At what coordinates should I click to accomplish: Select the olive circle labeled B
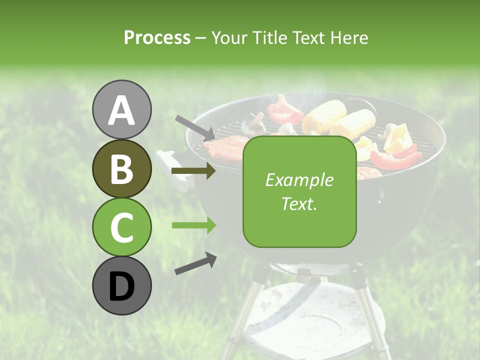point(122,168)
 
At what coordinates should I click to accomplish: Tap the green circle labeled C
point(122,227)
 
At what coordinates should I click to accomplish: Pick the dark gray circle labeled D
point(122,285)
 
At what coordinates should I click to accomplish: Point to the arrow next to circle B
point(193,171)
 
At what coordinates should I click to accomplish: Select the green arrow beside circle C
point(193,225)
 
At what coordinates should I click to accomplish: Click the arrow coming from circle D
point(195,263)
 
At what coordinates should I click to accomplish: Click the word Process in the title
point(157,37)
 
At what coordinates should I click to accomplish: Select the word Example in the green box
point(299,180)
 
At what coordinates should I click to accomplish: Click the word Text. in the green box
point(299,203)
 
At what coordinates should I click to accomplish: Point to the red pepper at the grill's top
point(283,110)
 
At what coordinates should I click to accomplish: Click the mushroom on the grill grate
point(254,123)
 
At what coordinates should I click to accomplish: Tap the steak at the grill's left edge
point(224,147)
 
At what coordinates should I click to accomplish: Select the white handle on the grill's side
point(172,170)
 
